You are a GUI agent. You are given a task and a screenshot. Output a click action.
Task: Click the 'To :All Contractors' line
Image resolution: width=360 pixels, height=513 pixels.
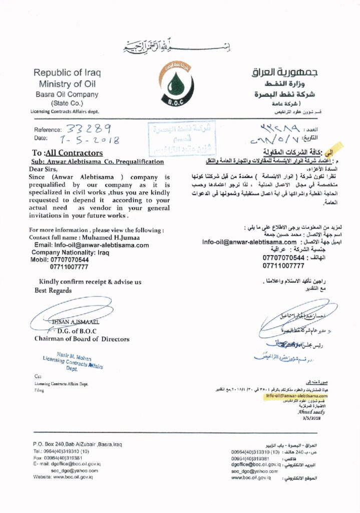(68, 153)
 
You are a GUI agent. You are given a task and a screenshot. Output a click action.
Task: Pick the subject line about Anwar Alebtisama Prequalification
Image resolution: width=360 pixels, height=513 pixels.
(97, 162)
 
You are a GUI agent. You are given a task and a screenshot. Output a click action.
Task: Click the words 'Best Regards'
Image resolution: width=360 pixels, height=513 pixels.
(53, 291)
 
